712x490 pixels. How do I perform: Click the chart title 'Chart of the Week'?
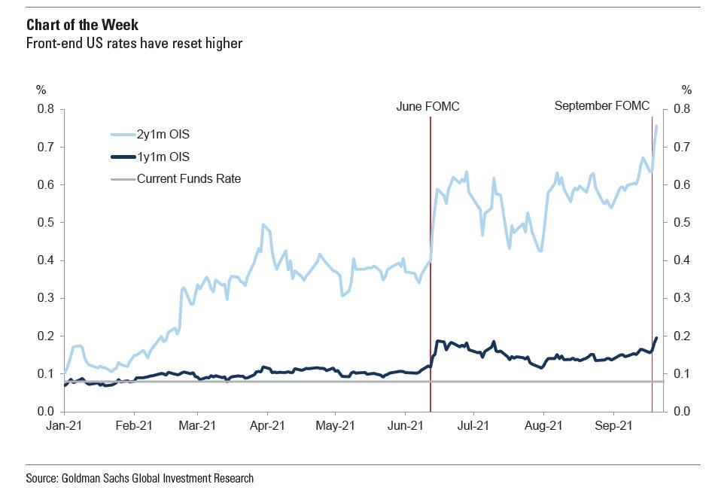(x=72, y=26)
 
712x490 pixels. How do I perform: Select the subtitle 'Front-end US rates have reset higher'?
(x=134, y=44)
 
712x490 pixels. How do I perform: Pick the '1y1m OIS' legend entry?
(x=163, y=157)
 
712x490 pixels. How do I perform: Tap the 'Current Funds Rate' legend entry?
(x=188, y=178)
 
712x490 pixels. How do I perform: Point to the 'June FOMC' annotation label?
(x=428, y=107)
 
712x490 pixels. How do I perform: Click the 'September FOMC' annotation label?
(x=601, y=106)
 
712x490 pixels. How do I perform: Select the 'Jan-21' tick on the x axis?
(x=64, y=425)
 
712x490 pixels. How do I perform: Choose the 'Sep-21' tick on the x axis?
(x=613, y=425)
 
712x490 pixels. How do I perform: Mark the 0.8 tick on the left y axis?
(x=47, y=109)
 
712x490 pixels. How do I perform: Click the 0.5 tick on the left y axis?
(x=47, y=223)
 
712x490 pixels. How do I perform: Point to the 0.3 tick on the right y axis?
(x=682, y=298)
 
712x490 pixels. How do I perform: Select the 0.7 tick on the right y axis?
(x=682, y=147)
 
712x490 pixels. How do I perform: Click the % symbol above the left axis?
(x=41, y=89)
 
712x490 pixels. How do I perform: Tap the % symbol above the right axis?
(x=686, y=89)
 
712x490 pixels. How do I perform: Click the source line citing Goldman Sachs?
(x=139, y=478)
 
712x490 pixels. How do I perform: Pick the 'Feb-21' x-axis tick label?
(x=134, y=425)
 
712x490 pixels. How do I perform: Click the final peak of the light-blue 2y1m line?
(x=657, y=126)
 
